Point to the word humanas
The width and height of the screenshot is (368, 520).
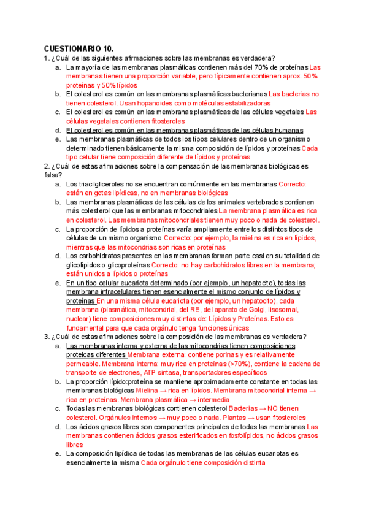click(285, 131)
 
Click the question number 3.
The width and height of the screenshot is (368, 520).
click(46, 337)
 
